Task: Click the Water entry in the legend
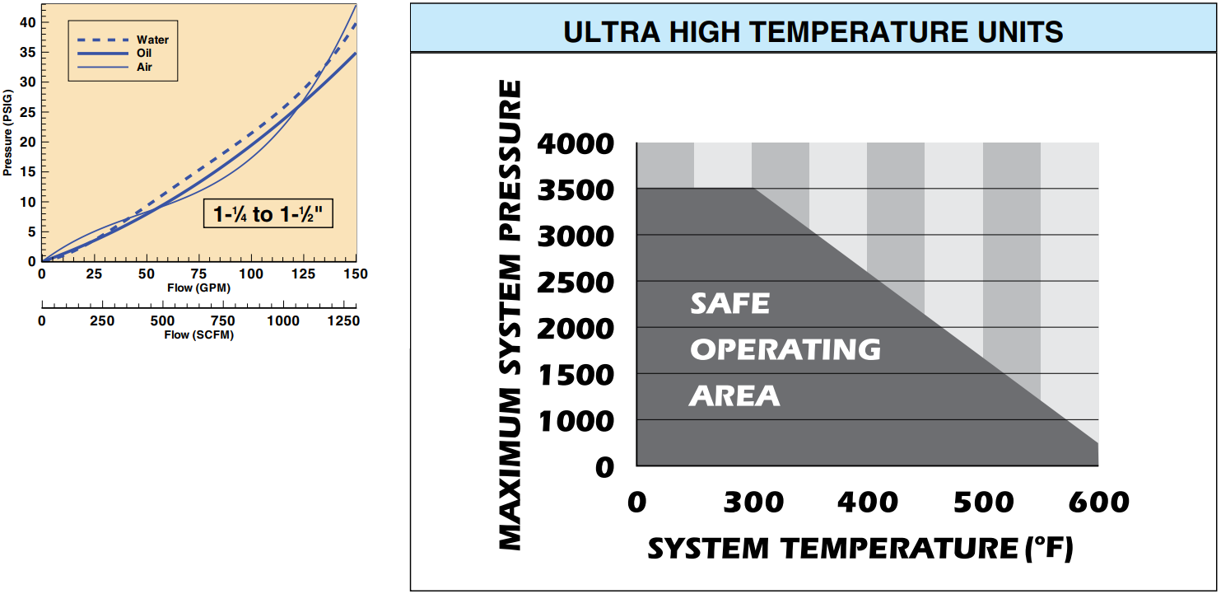pos(152,40)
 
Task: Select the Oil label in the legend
pos(145,53)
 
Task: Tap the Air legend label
pos(145,67)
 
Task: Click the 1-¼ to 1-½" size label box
pos(268,213)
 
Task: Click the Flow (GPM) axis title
pos(198,288)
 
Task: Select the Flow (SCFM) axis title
pos(199,334)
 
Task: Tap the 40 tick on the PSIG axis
pos(28,22)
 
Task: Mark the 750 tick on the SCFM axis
pos(222,320)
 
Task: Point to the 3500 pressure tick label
pos(575,190)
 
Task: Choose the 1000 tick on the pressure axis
pos(575,421)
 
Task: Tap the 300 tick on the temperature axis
pos(753,502)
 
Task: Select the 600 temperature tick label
pos(1098,502)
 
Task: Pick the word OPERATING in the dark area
pos(785,350)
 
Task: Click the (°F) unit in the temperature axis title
pos(1049,549)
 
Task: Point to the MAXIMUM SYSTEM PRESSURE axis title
pos(510,315)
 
